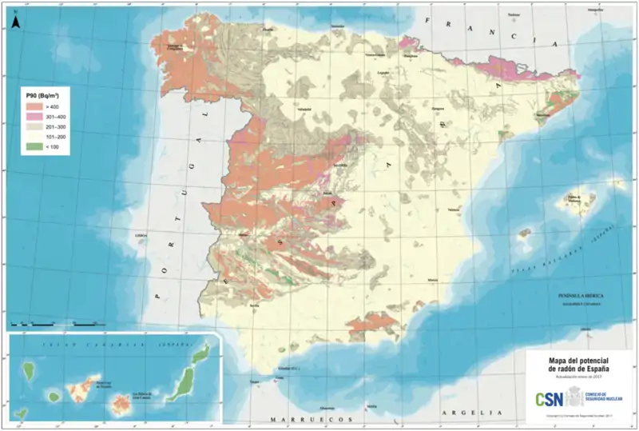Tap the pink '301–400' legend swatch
click(34, 116)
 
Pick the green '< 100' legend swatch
click(34, 148)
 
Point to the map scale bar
click(52, 324)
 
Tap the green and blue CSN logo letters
click(548, 397)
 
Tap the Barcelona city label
click(545, 115)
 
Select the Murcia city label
click(433, 279)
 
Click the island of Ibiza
click(525, 235)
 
